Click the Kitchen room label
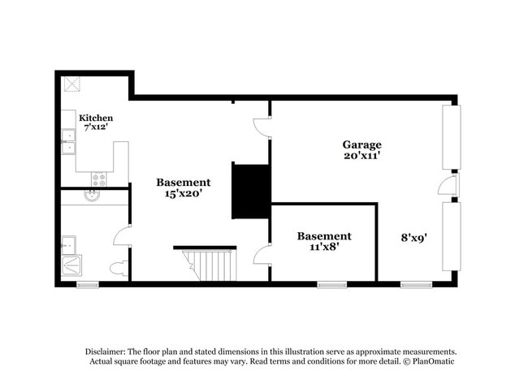pyautogui.click(x=96, y=118)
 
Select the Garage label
pyautogui.click(x=361, y=145)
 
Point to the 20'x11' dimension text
pyautogui.click(x=361, y=156)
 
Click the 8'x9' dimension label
pyautogui.click(x=415, y=238)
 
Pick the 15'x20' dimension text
pyautogui.click(x=184, y=194)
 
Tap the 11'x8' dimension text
pyautogui.click(x=323, y=248)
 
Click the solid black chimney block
pyautogui.click(x=251, y=190)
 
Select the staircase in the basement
pyautogui.click(x=208, y=265)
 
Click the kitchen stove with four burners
pyautogui.click(x=98, y=179)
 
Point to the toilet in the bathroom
pyautogui.click(x=118, y=268)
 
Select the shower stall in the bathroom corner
pyautogui.click(x=71, y=267)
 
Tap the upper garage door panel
pyautogui.click(x=451, y=137)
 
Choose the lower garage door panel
pyautogui.click(x=451, y=236)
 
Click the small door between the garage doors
pyautogui.click(x=448, y=186)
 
